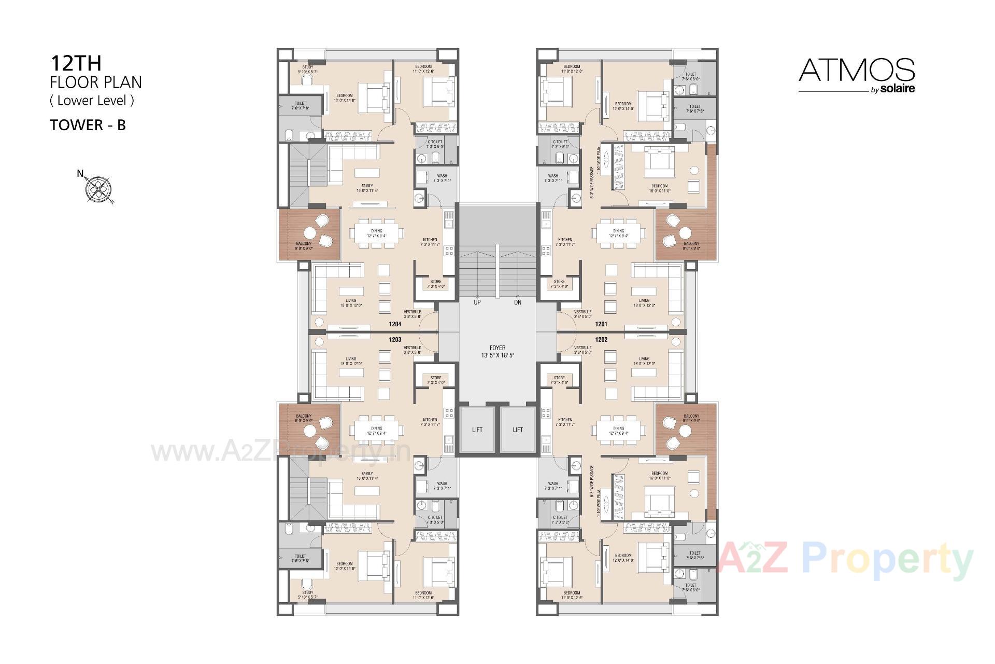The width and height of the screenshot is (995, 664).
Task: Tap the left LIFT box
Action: pyautogui.click(x=477, y=430)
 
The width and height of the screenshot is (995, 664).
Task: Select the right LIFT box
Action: pyautogui.click(x=518, y=430)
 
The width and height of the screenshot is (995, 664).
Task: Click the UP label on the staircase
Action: pyautogui.click(x=477, y=302)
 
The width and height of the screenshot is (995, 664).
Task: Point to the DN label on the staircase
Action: pyautogui.click(x=518, y=302)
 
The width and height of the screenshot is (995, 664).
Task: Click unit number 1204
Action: pyautogui.click(x=395, y=324)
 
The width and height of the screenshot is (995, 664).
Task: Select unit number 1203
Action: pyautogui.click(x=395, y=340)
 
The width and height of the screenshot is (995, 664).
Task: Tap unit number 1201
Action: pyautogui.click(x=601, y=324)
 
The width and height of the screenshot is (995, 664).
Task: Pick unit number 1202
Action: pyautogui.click(x=601, y=340)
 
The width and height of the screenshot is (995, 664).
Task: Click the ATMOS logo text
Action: pyautogui.click(x=857, y=71)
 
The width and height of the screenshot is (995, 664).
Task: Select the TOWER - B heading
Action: pyautogui.click(x=88, y=125)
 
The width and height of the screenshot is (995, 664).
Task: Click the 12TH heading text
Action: pyautogui.click(x=76, y=63)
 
